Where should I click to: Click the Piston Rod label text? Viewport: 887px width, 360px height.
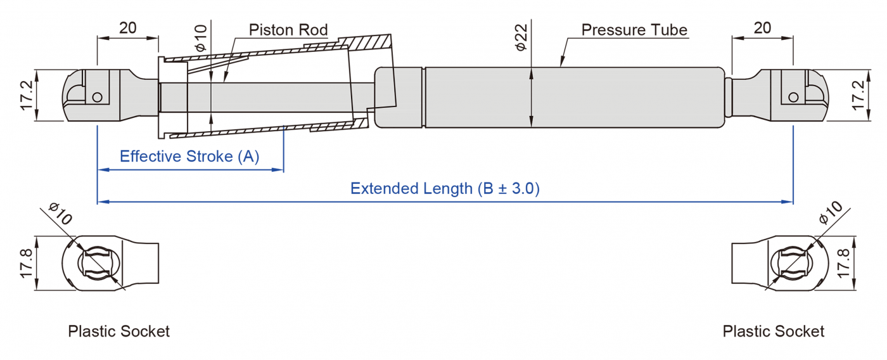click(288, 30)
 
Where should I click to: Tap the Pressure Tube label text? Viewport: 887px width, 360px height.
click(634, 30)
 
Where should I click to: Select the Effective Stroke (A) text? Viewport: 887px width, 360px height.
click(189, 157)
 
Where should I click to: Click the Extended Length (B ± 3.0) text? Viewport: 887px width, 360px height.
click(445, 188)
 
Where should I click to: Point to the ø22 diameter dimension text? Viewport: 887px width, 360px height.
click(521, 38)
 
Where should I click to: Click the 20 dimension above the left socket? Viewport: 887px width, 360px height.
click(127, 28)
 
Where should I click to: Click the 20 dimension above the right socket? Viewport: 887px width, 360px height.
click(763, 28)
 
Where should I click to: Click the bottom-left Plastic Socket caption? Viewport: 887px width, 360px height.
click(119, 331)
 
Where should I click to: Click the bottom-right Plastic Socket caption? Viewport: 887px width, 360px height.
click(774, 331)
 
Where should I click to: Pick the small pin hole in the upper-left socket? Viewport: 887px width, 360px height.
click(97, 97)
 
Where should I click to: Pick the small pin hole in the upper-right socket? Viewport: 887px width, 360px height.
click(793, 97)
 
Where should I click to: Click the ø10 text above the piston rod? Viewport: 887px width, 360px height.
click(200, 38)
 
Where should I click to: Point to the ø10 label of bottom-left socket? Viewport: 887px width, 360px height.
click(61, 214)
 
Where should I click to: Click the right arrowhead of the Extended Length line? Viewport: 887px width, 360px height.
click(789, 202)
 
